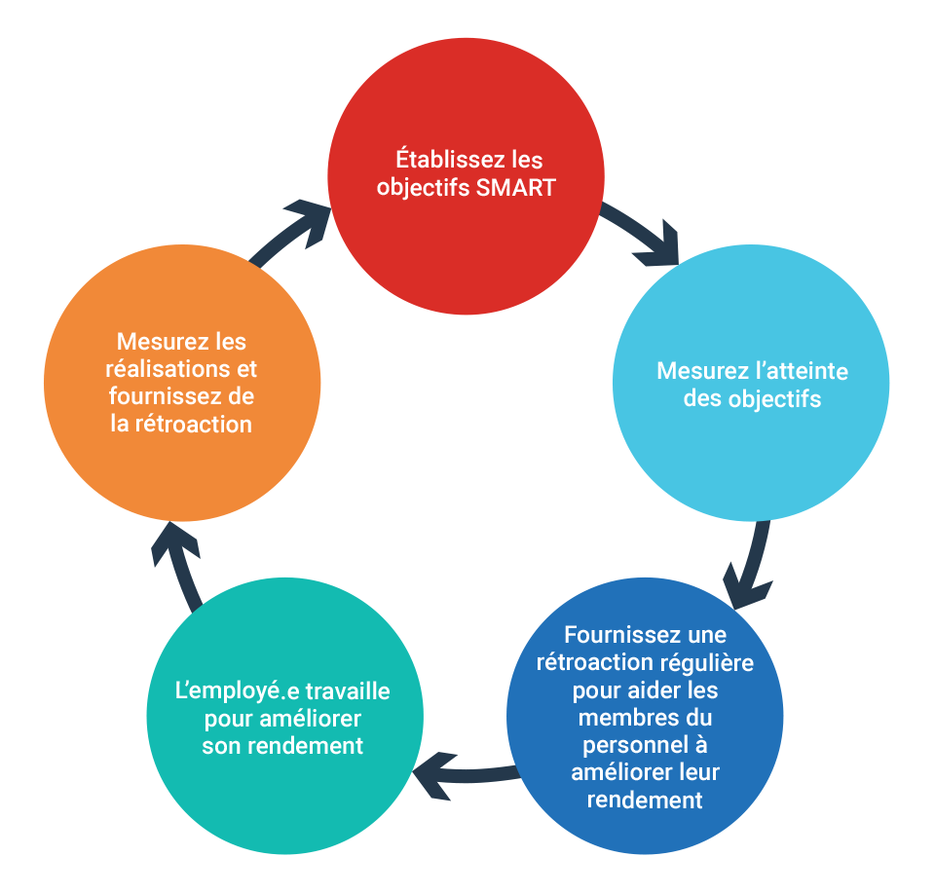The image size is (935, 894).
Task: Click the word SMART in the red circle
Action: coord(516,188)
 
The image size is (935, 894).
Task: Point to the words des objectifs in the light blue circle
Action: coord(752,399)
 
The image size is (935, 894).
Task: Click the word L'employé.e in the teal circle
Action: coord(228,692)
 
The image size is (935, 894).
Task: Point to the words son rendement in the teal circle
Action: coord(282,746)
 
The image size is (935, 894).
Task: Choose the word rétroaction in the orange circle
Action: coord(194,425)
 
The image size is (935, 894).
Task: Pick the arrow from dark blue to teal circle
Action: coord(466,775)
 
